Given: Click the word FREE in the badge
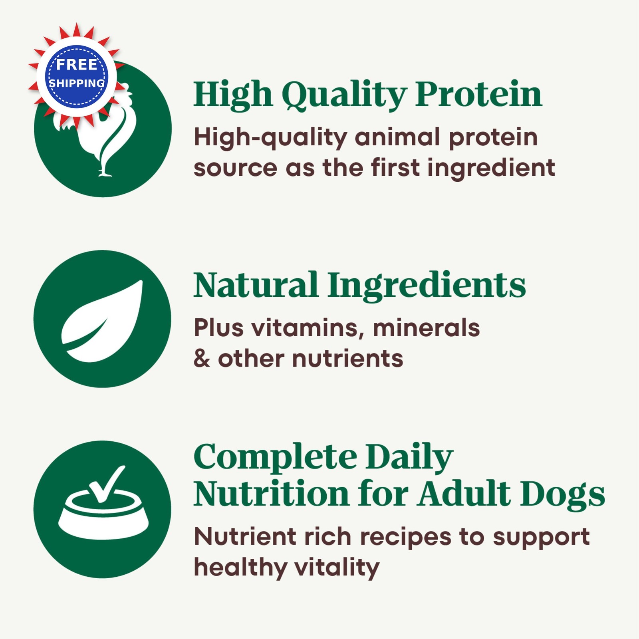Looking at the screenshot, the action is click(x=77, y=64).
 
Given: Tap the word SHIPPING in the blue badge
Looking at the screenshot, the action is click(x=77, y=83).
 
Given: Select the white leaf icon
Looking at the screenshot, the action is click(x=102, y=321).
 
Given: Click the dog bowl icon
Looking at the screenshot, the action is click(x=103, y=515).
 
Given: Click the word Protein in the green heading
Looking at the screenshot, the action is click(x=478, y=94).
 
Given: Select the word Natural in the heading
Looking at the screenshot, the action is click(x=256, y=285).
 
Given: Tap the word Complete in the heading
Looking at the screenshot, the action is click(x=275, y=458).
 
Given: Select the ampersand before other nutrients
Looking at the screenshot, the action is click(x=201, y=358).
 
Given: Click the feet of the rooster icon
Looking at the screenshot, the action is click(x=105, y=173).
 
